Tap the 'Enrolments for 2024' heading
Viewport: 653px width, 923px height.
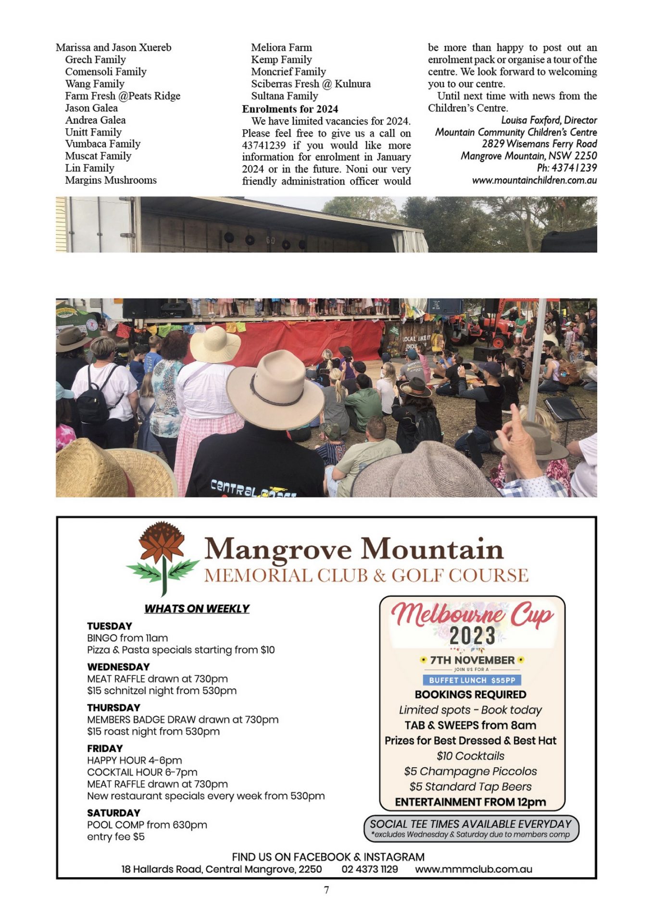(290, 109)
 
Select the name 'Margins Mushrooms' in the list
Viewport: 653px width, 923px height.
(111, 180)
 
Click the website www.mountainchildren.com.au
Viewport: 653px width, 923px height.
(534, 181)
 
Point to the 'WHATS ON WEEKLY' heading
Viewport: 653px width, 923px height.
(197, 609)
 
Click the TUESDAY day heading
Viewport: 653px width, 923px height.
(110, 626)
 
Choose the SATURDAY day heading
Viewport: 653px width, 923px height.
(113, 813)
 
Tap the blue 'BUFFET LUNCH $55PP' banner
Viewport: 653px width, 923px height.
(472, 680)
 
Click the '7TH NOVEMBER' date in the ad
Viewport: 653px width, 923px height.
(472, 660)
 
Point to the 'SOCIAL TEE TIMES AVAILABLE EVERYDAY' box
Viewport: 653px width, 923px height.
(471, 828)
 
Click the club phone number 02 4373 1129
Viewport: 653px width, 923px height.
(370, 869)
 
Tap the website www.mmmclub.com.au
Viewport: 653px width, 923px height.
(474, 869)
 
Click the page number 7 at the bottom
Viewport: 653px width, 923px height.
(326, 890)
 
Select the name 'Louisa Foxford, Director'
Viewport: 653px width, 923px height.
(549, 120)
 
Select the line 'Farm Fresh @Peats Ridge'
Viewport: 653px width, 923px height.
(123, 96)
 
